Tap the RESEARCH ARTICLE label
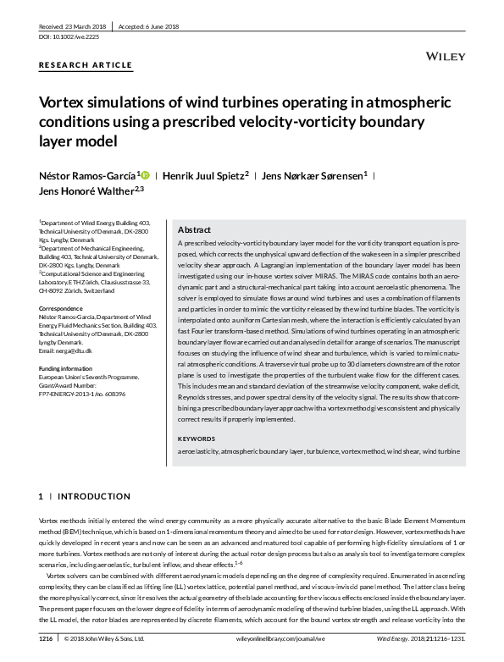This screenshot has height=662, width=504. point(86,65)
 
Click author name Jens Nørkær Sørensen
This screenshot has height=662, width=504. point(315,176)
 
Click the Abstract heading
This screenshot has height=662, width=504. point(194,230)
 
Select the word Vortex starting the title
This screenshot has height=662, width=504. point(60,102)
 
